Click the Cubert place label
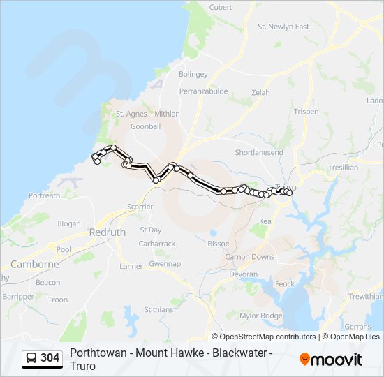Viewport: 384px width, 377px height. (x=221, y=8)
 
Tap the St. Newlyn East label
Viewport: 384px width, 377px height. (x=283, y=27)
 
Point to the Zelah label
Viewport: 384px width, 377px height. (x=260, y=92)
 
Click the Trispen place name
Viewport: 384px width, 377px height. (x=306, y=112)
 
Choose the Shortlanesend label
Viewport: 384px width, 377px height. (x=259, y=152)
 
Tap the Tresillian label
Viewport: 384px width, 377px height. (x=342, y=168)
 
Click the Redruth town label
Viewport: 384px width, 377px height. (x=108, y=232)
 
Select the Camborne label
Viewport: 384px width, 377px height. (x=35, y=265)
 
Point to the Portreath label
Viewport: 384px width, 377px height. (x=44, y=196)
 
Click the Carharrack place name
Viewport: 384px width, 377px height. (x=157, y=244)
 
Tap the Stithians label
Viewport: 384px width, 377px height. (x=158, y=309)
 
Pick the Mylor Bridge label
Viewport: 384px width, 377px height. (x=261, y=316)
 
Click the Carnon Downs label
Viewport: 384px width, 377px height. (x=249, y=257)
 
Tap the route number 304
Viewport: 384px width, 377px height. (x=50, y=358)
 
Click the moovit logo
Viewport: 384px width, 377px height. (x=331, y=360)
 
